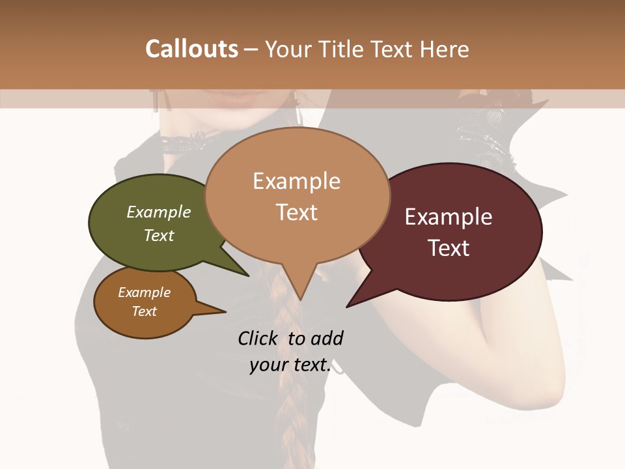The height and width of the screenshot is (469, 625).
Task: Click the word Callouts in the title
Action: click(191, 49)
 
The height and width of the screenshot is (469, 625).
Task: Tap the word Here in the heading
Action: click(444, 50)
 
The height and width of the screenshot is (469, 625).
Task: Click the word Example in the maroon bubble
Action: click(449, 217)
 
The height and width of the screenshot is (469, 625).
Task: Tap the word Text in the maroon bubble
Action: click(449, 248)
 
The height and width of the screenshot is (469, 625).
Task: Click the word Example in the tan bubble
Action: click(297, 181)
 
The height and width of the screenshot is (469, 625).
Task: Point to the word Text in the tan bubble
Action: click(297, 212)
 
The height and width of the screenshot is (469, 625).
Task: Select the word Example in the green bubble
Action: click(159, 212)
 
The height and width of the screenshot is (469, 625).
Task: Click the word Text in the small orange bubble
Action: click(145, 311)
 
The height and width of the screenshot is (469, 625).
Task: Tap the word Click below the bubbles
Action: click(259, 338)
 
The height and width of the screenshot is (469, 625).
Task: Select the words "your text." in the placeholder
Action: click(290, 365)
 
